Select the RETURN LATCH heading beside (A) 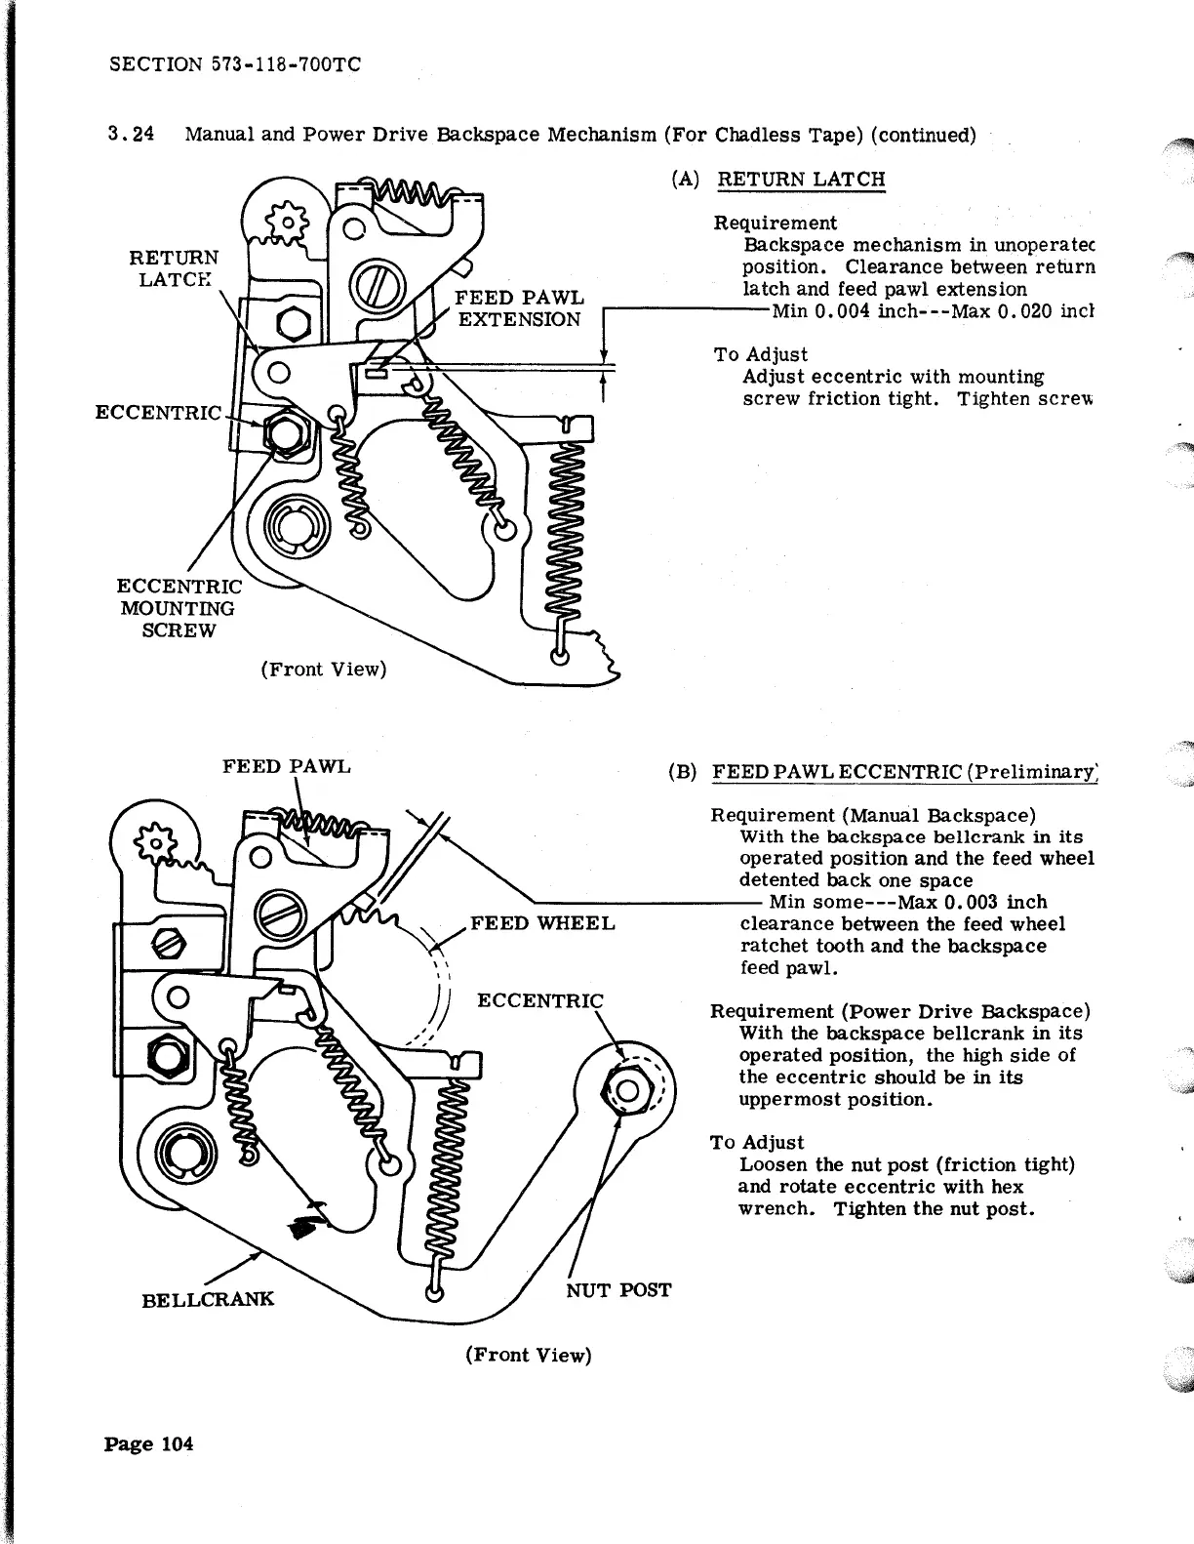point(801,180)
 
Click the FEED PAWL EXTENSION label point(521,307)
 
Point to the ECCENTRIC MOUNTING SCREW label point(179,608)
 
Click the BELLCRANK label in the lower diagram point(208,1299)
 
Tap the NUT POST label point(618,1290)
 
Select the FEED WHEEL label point(542,923)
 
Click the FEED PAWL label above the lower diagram point(286,766)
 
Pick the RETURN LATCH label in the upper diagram point(175,267)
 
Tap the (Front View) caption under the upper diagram point(323,670)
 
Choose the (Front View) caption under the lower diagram point(529,1355)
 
